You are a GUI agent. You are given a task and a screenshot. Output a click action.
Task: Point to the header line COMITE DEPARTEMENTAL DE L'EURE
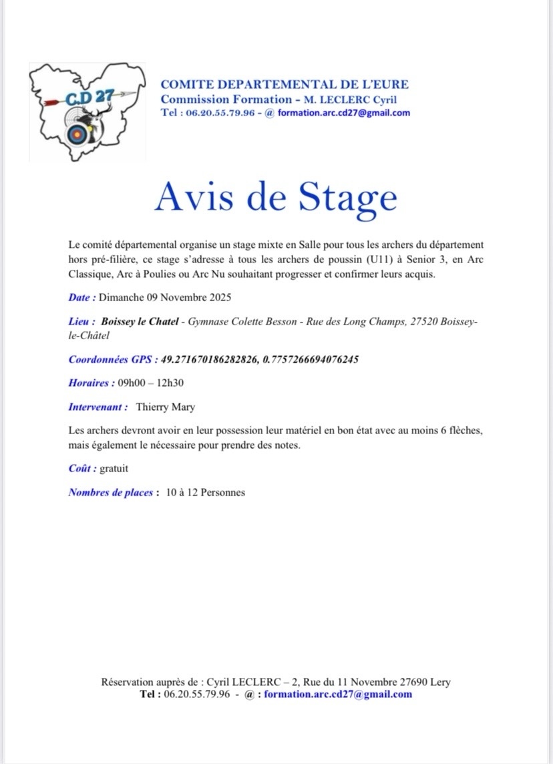coord(285,85)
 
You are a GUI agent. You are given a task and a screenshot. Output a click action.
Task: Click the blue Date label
coord(81,297)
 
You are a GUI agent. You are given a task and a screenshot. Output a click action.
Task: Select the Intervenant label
coord(98,406)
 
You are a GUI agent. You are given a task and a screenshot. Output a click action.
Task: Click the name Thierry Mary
coord(166,406)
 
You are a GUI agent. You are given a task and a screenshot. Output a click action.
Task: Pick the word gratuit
coord(114,468)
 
